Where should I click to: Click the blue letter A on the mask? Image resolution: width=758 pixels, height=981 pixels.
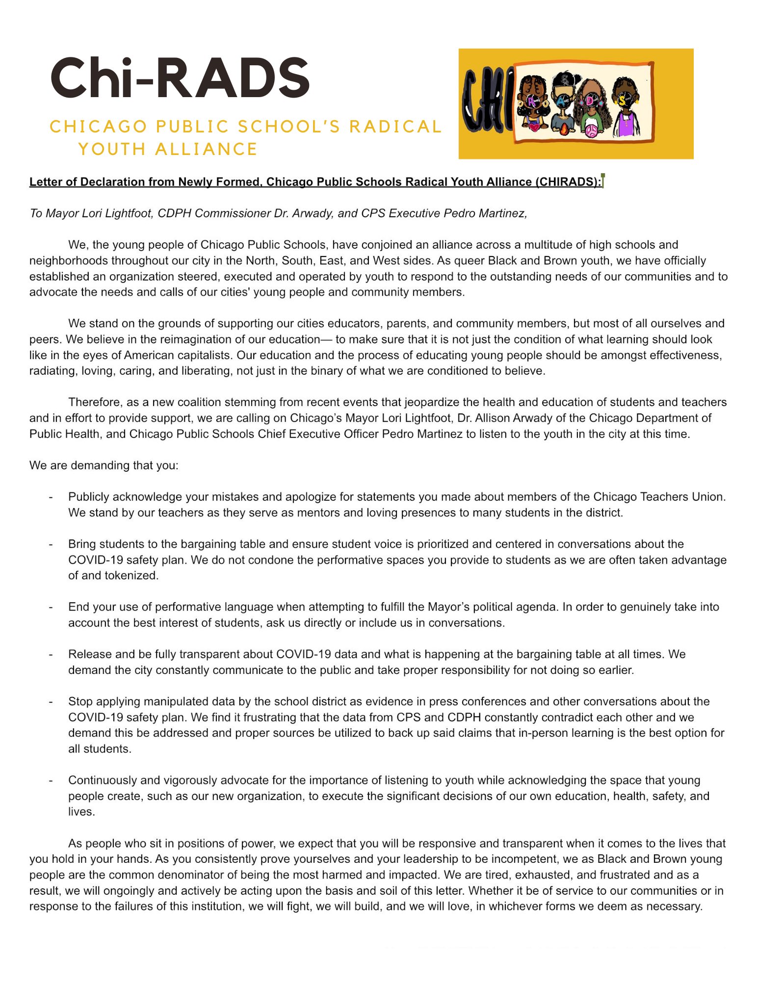[562, 102]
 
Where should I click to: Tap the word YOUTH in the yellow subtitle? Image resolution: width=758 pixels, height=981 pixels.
[111, 149]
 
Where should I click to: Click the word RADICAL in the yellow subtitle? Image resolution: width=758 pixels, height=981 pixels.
[395, 127]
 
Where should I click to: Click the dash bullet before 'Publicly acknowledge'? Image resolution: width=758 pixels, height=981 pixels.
[51, 497]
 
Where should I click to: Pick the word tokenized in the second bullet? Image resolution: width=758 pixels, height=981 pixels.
[132, 575]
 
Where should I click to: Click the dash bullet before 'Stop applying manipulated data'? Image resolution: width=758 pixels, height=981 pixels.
[51, 702]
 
